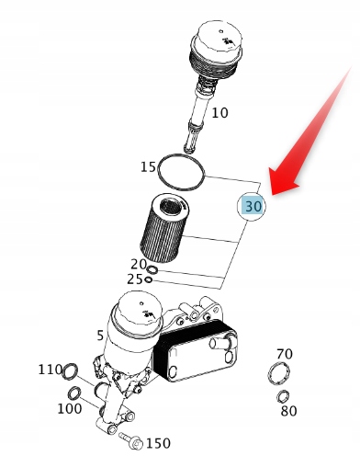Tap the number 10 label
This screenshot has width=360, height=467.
(220, 113)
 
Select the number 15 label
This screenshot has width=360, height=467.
(148, 167)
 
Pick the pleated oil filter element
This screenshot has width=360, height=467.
(164, 229)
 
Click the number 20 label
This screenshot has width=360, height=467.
(139, 264)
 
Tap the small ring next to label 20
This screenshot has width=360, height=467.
(152, 270)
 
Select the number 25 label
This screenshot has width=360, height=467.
(135, 279)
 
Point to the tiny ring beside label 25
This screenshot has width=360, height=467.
(148, 279)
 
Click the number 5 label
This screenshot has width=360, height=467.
(100, 336)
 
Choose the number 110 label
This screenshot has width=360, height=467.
(50, 370)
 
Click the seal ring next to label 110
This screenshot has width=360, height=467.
(70, 371)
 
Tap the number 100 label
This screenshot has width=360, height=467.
(70, 408)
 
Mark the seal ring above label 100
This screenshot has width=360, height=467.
(74, 393)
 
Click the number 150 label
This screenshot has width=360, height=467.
(158, 443)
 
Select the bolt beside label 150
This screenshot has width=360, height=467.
(130, 440)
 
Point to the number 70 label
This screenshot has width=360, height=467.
(285, 354)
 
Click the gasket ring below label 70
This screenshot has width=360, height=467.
(278, 372)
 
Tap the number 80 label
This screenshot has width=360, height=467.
(288, 411)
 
